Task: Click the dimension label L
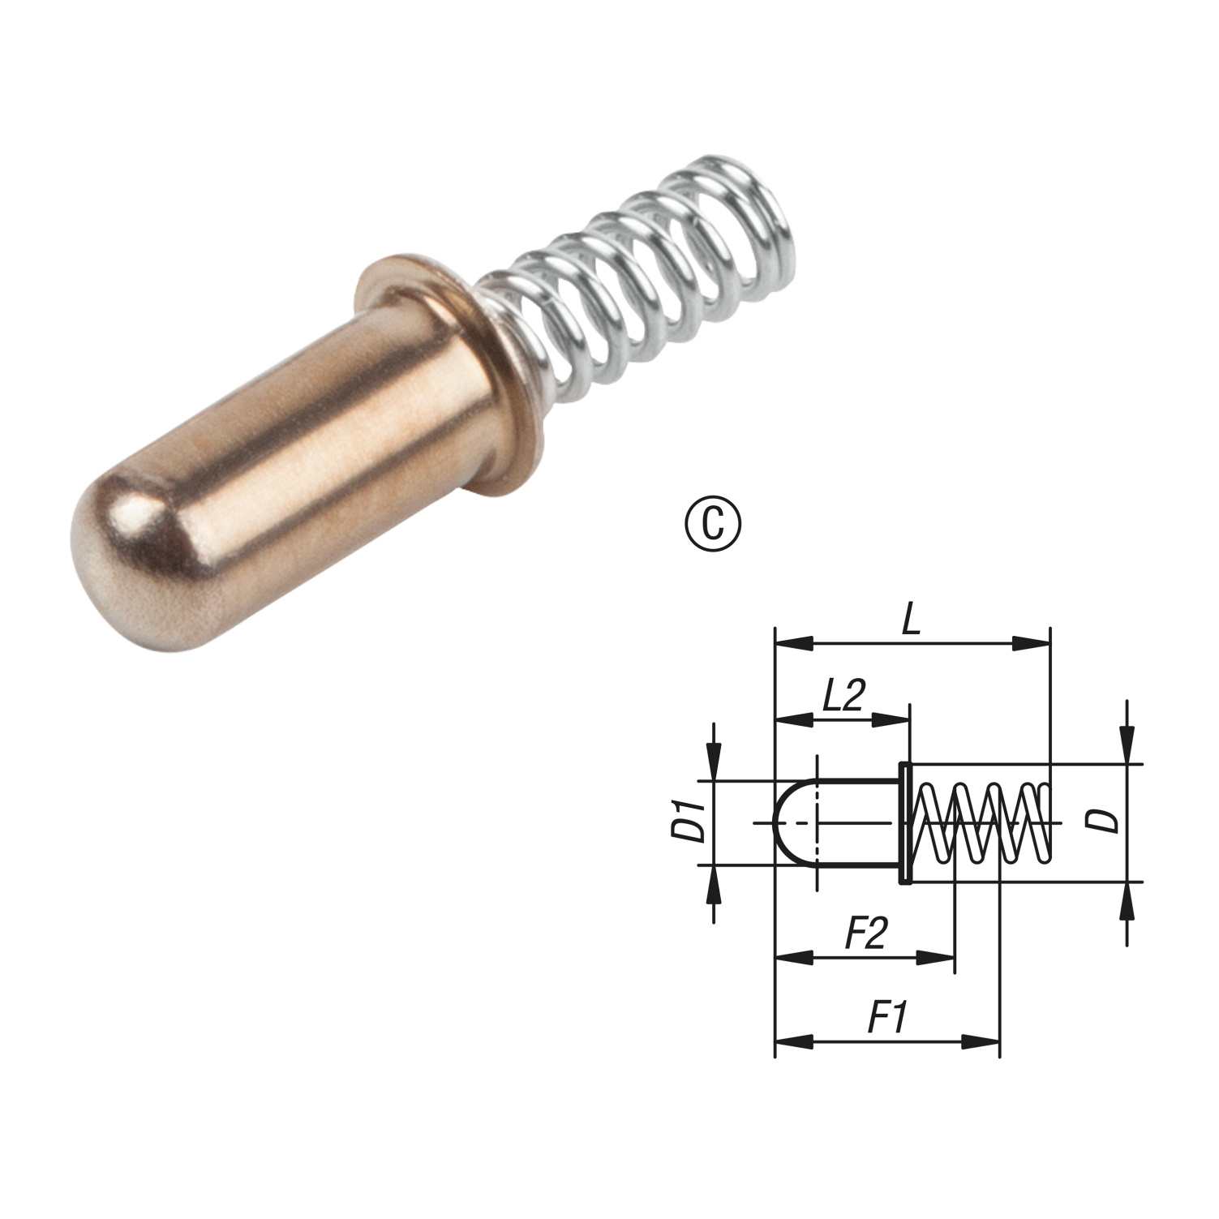(912, 620)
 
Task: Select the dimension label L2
(843, 695)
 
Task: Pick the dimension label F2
(866, 934)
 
